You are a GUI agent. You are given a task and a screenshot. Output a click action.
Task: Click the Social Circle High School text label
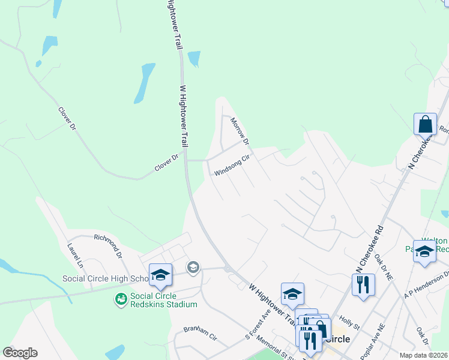point(105,279)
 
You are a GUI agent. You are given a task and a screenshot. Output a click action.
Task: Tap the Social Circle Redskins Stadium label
point(164,300)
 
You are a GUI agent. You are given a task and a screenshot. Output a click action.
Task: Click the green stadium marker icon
point(121,298)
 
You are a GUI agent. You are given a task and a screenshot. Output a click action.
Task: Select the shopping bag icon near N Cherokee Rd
point(425,125)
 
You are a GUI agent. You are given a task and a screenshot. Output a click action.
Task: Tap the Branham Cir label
point(201,334)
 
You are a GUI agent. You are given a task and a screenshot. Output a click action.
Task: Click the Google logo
point(20,353)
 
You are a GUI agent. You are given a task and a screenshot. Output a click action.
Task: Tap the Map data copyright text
point(423,355)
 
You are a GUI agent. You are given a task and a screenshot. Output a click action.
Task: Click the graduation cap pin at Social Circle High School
point(160,275)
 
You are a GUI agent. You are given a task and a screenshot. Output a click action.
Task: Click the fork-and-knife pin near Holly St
point(363,284)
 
